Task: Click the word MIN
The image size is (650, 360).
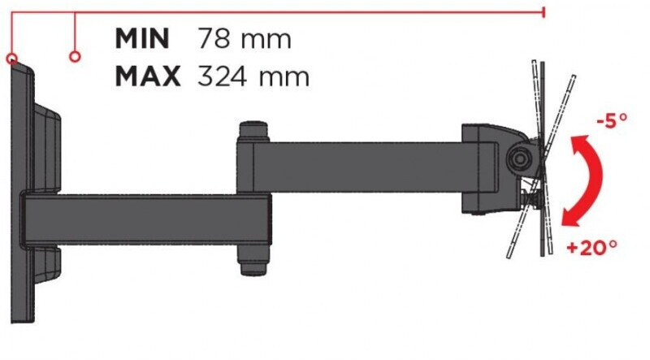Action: tap(142, 38)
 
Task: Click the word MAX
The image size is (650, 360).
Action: tap(148, 76)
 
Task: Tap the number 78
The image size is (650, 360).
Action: tap(214, 38)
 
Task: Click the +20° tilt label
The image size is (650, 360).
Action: tap(592, 248)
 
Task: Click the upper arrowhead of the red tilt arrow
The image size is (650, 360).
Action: tap(579, 143)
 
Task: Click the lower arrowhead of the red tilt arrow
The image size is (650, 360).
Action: tap(571, 217)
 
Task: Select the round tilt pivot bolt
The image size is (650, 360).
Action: tap(518, 158)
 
